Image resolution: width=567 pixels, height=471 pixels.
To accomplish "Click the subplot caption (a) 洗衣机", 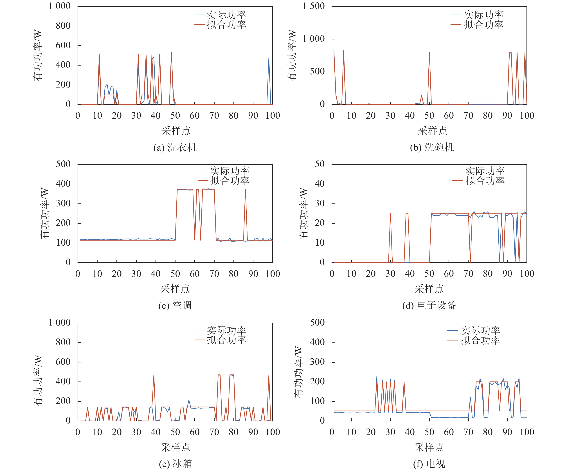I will coord(175,147).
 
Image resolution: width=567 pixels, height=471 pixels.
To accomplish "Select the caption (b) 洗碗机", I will coord(432,147).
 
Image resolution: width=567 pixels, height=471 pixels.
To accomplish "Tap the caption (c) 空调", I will coord(175,305).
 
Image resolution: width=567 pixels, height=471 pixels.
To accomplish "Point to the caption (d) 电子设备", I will coord(429,305).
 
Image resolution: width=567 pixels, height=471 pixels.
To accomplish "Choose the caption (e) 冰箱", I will coord(175,464).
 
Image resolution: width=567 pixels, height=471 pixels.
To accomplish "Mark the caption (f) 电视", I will coord(429,464).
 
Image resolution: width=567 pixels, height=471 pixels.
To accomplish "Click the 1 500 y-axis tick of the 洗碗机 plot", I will coord(314,6).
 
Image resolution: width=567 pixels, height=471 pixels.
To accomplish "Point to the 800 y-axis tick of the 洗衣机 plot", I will coord(63,26).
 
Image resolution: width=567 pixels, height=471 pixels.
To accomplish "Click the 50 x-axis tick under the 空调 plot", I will coord(175,274).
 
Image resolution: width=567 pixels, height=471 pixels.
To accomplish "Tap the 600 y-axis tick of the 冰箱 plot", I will coord(63,362).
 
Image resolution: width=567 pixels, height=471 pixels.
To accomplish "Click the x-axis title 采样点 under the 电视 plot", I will coord(429,448).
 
